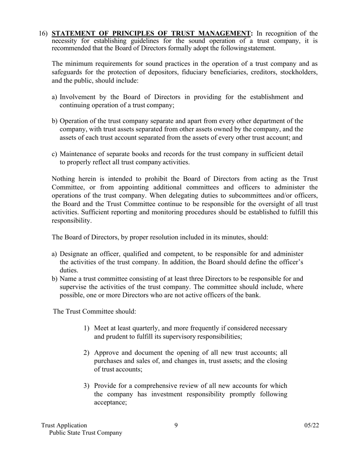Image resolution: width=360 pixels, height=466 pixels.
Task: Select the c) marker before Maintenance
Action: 55,154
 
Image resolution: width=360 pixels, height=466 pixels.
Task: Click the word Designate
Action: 74,254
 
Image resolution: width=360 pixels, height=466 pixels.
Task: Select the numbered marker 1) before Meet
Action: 87,328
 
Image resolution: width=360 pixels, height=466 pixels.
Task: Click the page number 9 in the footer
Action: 176,425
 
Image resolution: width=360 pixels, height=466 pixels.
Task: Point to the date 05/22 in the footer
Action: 311,425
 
